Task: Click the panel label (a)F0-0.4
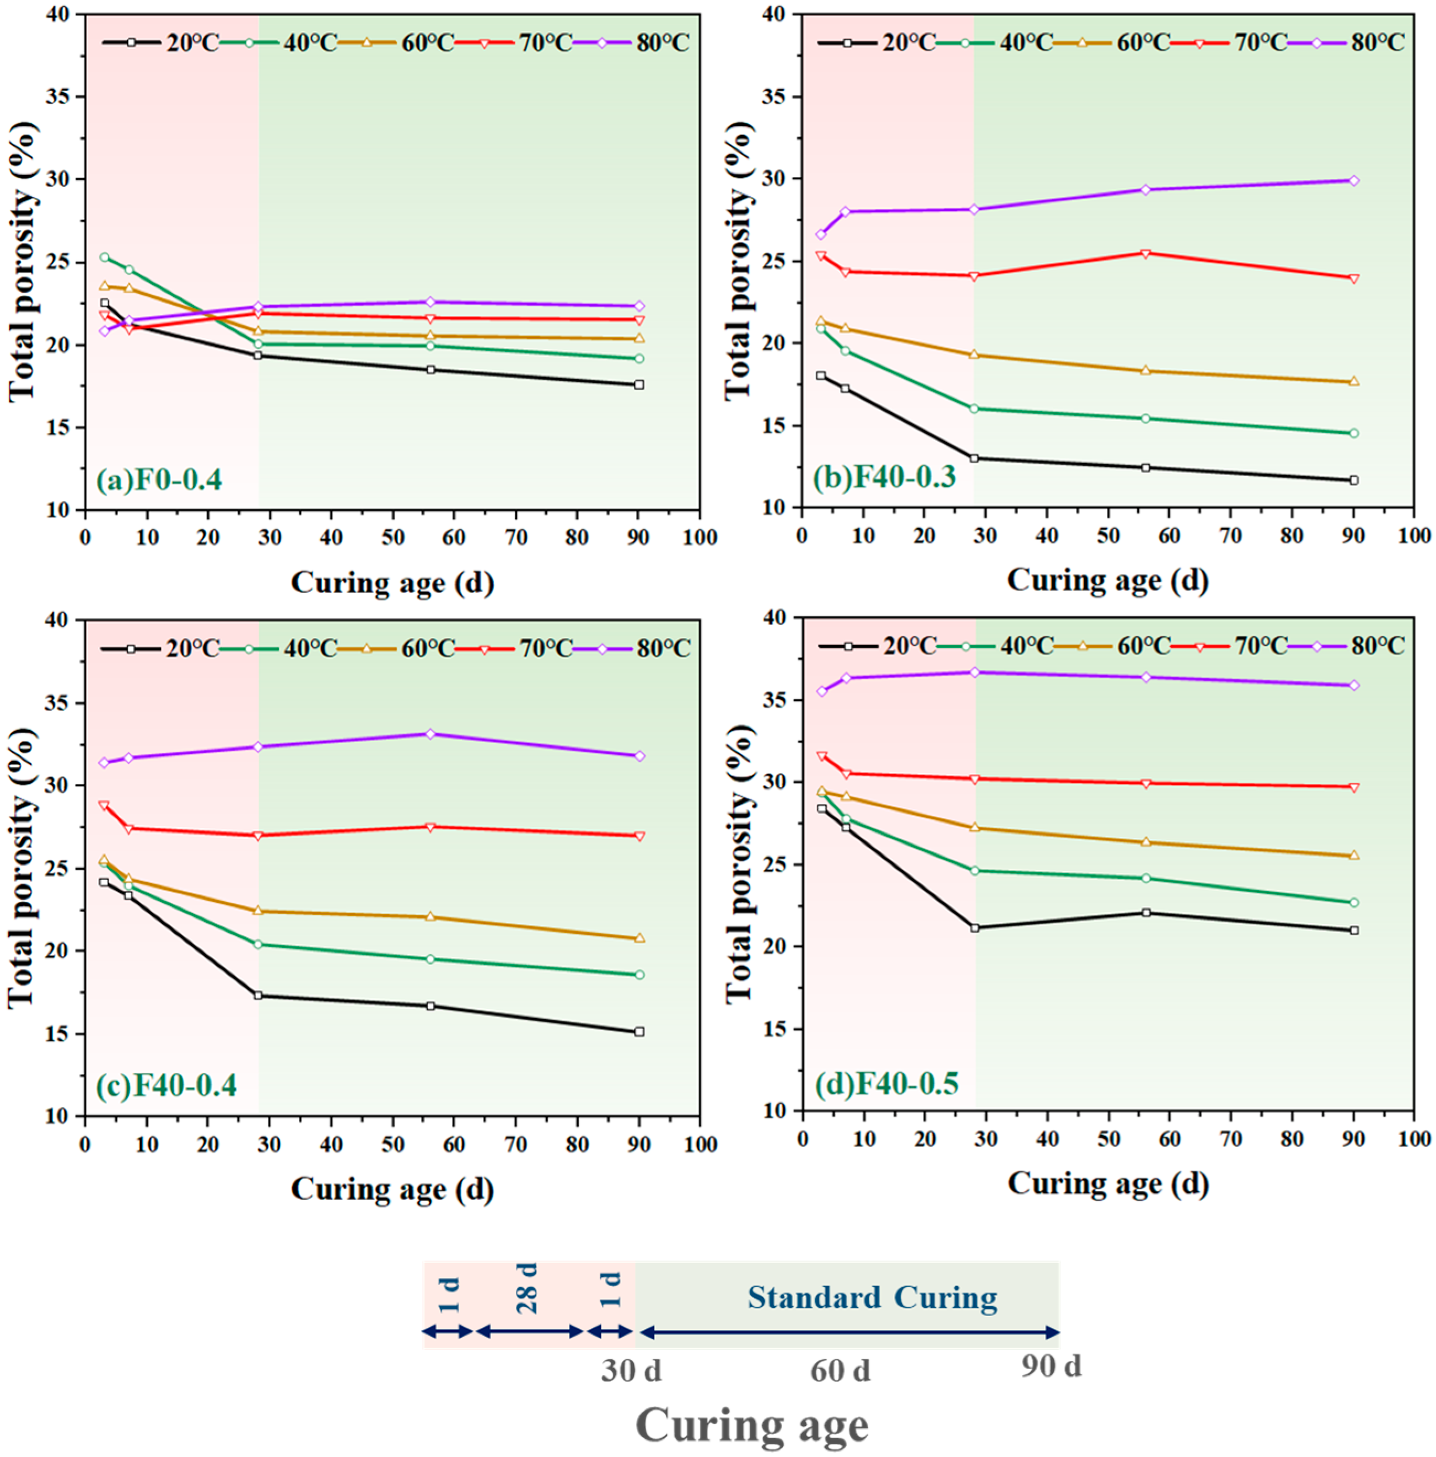click(159, 480)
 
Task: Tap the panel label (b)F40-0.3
click(884, 477)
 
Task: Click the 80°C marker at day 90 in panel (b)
click(1354, 181)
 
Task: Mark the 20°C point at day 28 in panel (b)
click(974, 459)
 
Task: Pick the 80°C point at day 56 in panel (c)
click(431, 734)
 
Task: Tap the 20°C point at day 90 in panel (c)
click(639, 1031)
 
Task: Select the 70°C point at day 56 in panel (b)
click(1145, 254)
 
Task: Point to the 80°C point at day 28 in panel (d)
click(975, 672)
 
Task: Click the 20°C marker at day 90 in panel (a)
click(639, 385)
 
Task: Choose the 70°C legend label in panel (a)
click(545, 43)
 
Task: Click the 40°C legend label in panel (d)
click(1027, 646)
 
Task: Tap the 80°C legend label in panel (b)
click(1378, 42)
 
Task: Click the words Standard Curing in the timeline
click(872, 1298)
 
